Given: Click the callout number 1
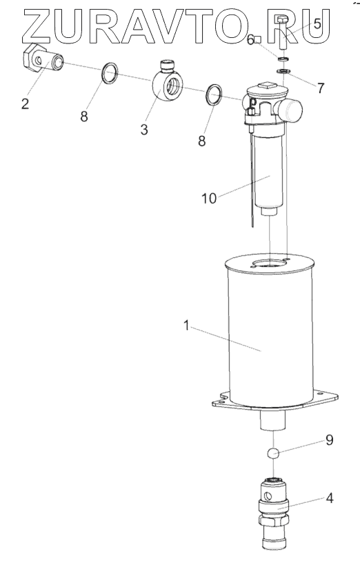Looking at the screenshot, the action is (186, 326).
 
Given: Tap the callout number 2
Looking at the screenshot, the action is (25, 103).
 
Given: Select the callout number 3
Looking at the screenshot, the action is (144, 130).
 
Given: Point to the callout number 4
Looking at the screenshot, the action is (330, 498).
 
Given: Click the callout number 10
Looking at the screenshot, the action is (209, 198).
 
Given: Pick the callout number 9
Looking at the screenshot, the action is (330, 440).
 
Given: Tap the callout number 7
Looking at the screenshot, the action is (321, 88).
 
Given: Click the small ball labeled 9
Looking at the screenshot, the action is (274, 453).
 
